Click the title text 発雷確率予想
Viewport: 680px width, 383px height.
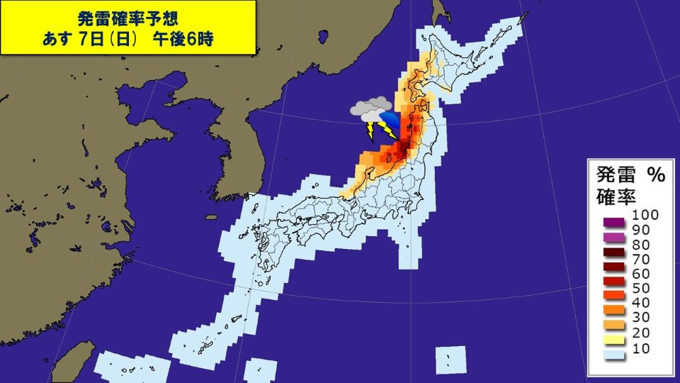tap(128, 18)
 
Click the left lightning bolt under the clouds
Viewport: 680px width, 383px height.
tap(370, 132)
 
